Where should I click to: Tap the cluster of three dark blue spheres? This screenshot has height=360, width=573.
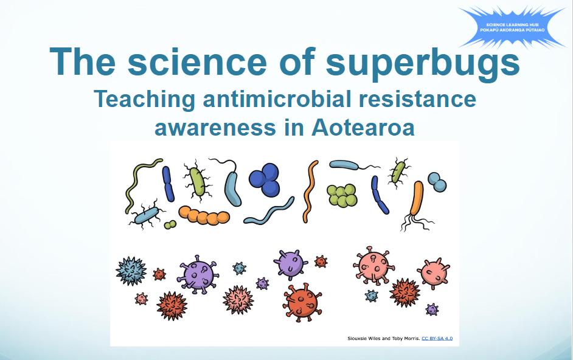[x=266, y=179]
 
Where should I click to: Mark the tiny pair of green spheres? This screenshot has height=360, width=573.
[x=170, y=225]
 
